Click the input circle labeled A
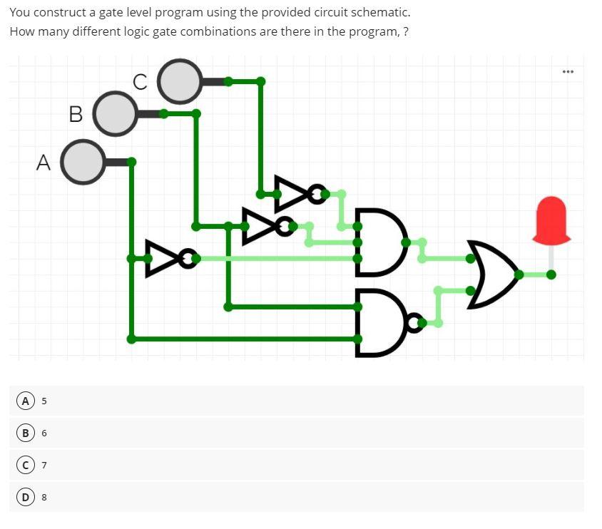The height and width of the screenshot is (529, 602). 83,162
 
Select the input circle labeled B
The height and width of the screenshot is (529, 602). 116,113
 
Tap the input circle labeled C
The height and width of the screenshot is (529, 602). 180,81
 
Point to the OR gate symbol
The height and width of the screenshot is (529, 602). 491,274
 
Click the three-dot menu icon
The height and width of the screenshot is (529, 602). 568,72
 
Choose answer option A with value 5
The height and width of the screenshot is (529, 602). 25,401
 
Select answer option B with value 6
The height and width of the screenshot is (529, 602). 25,433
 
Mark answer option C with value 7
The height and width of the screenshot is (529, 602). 25,465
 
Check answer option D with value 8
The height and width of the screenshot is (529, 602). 25,497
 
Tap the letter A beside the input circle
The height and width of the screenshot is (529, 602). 43,163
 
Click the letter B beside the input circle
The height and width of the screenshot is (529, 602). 76,114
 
